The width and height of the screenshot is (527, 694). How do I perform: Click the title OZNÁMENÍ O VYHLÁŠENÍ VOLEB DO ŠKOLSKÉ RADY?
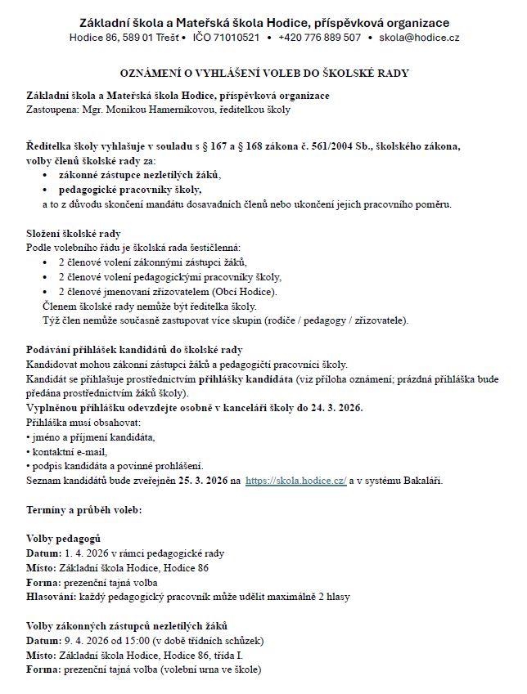coord(263,74)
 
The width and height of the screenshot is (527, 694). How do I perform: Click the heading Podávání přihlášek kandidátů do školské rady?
coord(134,350)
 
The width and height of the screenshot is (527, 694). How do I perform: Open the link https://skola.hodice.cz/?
coord(296,481)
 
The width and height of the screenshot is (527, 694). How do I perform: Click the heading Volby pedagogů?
coord(64,539)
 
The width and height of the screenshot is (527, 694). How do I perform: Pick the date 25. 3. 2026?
coord(199,481)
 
